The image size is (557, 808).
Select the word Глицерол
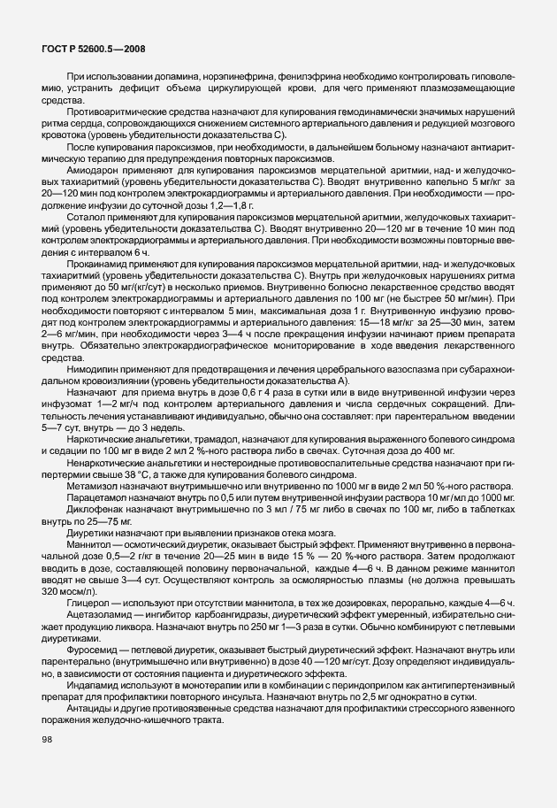(86, 603)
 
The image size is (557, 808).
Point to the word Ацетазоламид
(95, 614)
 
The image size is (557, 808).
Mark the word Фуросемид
(91, 649)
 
